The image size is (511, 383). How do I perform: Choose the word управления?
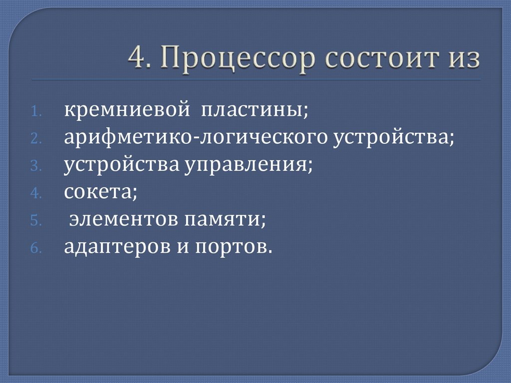(246, 166)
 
